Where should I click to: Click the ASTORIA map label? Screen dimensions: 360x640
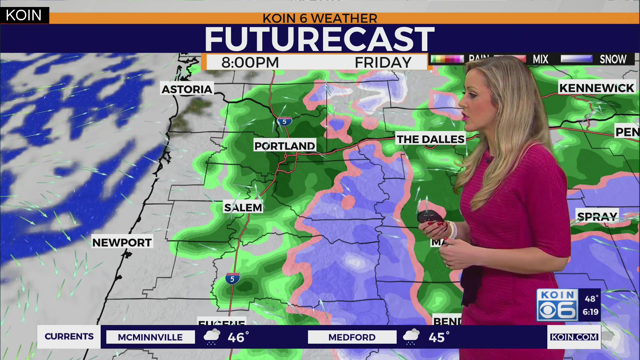187,89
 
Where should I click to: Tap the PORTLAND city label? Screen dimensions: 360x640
284,146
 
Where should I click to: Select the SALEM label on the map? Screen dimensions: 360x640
243,207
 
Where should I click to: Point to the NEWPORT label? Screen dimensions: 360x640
122,242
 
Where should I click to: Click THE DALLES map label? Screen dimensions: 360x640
430,139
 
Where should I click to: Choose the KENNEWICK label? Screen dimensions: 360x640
596,88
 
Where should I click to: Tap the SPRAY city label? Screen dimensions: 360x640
597,217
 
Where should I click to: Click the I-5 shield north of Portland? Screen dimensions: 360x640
284,121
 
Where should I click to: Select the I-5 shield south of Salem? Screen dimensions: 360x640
232,278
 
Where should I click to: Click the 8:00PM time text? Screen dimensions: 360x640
250,62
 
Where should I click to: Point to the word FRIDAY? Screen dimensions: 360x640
383,62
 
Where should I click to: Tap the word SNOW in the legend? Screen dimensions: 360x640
613,59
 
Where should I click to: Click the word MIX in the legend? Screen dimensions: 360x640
540,59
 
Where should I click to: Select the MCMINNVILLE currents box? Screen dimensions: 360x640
150,337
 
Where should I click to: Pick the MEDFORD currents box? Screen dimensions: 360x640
352,337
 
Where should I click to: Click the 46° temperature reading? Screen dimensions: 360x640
238,337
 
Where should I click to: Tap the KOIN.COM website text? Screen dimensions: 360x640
574,337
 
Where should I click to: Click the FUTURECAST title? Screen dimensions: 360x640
319,39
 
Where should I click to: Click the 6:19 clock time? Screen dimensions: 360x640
590,312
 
